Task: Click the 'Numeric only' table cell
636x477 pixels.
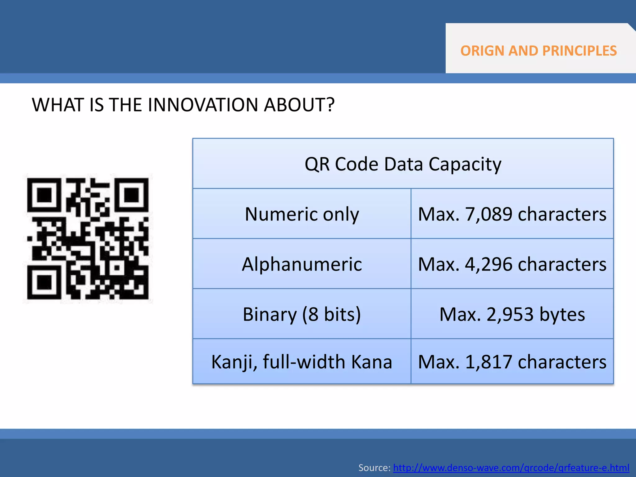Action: point(302,214)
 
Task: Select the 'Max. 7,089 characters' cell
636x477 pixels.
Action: point(512,214)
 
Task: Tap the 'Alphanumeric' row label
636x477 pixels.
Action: point(302,264)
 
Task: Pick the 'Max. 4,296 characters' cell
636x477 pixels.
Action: point(512,264)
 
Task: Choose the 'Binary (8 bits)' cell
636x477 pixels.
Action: point(302,314)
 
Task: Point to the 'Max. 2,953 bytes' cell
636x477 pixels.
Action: point(512,314)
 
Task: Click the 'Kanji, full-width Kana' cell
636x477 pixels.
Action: point(302,362)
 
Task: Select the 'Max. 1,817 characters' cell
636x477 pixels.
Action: point(512,362)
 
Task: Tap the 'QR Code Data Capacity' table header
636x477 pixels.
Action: point(403,164)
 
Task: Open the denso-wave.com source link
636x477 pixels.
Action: point(511,467)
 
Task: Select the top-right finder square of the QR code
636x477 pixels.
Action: point(132,195)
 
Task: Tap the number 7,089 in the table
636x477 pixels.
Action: point(488,214)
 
